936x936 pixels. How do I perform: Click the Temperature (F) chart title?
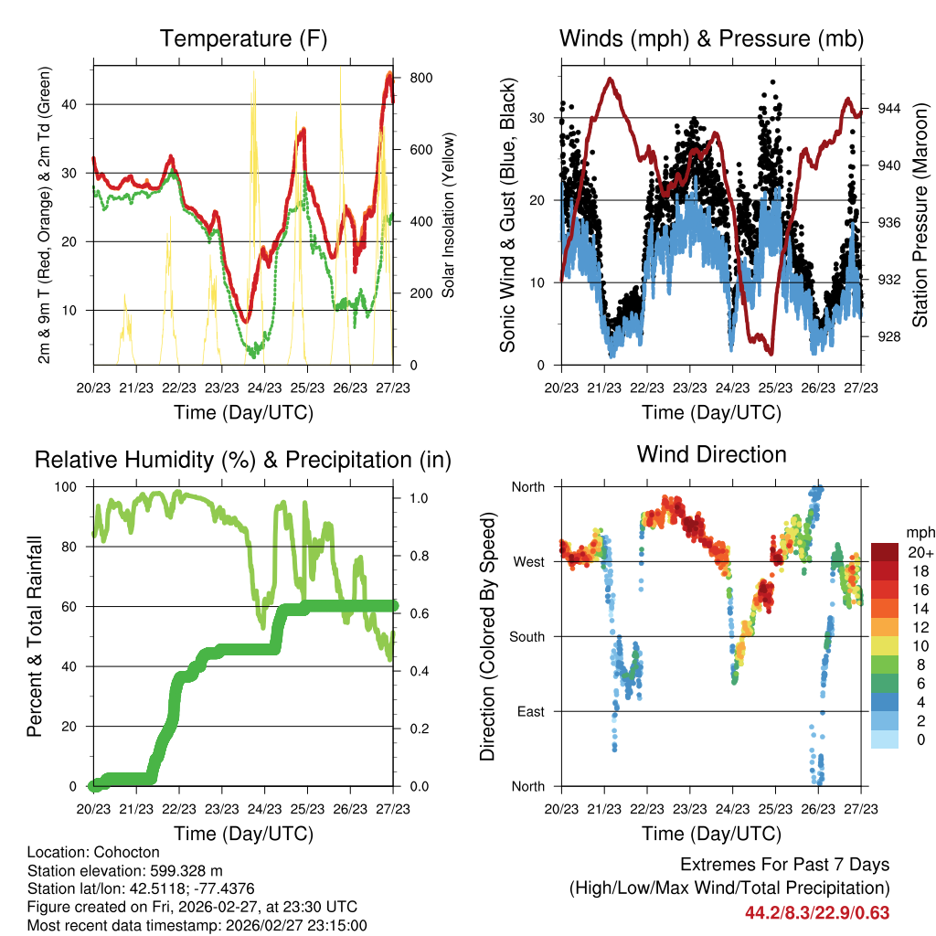point(243,38)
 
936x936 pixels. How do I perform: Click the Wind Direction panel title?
point(711,454)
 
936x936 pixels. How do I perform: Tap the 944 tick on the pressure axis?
point(889,108)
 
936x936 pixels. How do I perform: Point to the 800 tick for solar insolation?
point(421,78)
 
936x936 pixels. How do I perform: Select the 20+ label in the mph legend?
point(918,552)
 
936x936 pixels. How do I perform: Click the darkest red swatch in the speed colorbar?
point(885,552)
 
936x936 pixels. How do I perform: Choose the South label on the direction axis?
point(526,636)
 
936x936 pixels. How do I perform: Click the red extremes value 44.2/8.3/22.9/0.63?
point(817,912)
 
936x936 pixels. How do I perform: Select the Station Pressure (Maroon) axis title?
point(920,214)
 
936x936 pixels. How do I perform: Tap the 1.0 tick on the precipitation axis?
point(418,498)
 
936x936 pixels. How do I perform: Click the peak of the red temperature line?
point(389,74)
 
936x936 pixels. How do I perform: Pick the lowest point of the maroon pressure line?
point(771,352)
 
